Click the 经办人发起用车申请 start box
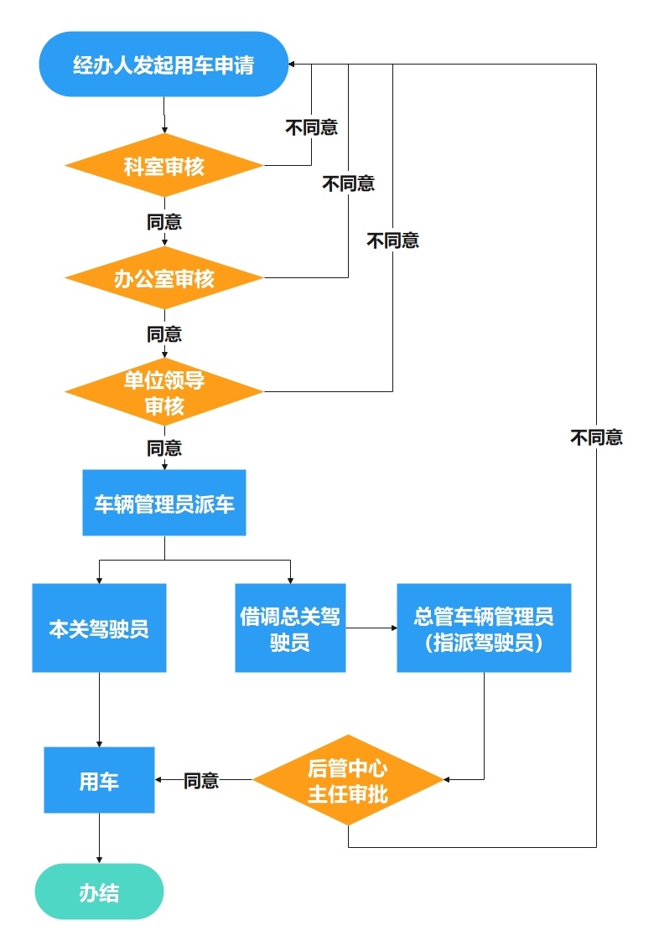(163, 65)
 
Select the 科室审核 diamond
(164, 166)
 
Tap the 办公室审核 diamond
(164, 278)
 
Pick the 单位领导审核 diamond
(164, 392)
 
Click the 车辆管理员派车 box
(164, 503)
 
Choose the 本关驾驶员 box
(99, 628)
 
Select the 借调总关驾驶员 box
(290, 628)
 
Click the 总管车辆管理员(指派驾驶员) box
(484, 628)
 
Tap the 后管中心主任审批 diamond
(348, 780)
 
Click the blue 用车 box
(99, 781)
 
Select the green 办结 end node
(99, 892)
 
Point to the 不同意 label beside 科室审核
(312, 128)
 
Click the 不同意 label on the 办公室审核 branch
(349, 183)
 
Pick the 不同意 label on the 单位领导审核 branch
(392, 241)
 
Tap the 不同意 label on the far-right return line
(596, 437)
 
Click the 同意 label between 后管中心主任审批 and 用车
(201, 781)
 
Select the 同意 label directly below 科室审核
(164, 222)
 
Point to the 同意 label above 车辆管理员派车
(164, 448)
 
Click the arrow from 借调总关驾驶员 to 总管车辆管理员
(371, 628)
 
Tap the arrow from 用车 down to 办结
(99, 838)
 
